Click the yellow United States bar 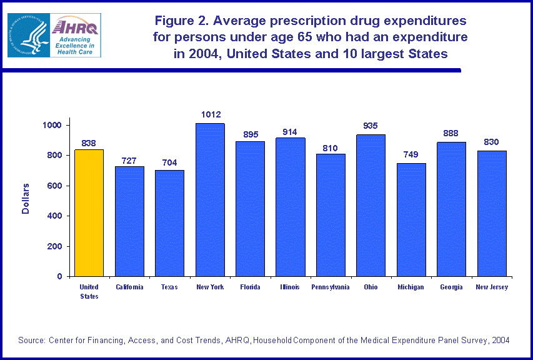point(89,212)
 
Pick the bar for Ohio point(371,206)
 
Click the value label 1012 point(211,115)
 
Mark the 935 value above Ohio point(371,126)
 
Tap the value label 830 point(491,142)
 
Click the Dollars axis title point(26,199)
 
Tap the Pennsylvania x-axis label point(331,287)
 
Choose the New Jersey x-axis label point(492,287)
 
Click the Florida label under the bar point(250,287)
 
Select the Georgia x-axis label point(451,287)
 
